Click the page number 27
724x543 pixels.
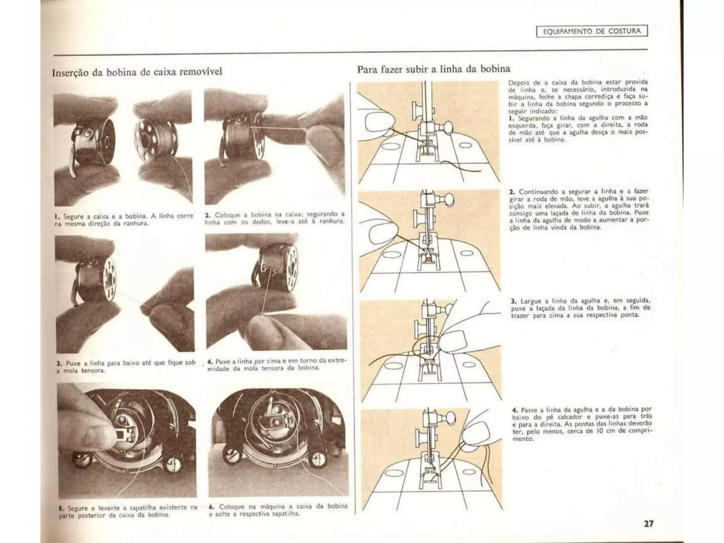(648, 523)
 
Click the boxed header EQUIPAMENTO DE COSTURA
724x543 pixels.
(592, 31)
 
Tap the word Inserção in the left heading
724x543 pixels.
(71, 72)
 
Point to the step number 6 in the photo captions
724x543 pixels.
(211, 507)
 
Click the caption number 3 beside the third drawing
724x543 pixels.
(513, 302)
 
